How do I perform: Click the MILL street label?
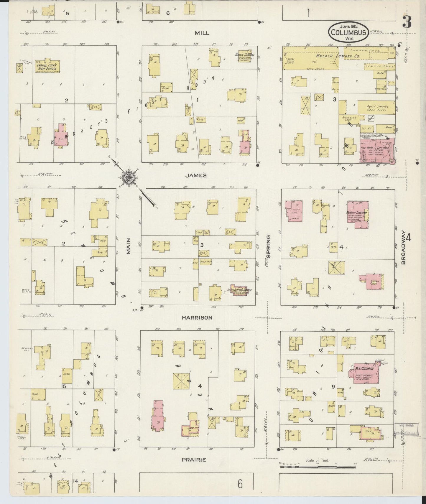(202, 33)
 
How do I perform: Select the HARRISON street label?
(197, 317)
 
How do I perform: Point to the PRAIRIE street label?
(194, 459)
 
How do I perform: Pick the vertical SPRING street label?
(268, 247)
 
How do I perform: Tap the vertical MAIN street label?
(128, 246)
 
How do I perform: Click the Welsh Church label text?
(242, 55)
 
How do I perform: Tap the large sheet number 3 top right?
(407, 22)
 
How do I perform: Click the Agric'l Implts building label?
(376, 108)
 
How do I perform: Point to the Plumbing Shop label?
(349, 119)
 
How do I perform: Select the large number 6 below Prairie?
(240, 484)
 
